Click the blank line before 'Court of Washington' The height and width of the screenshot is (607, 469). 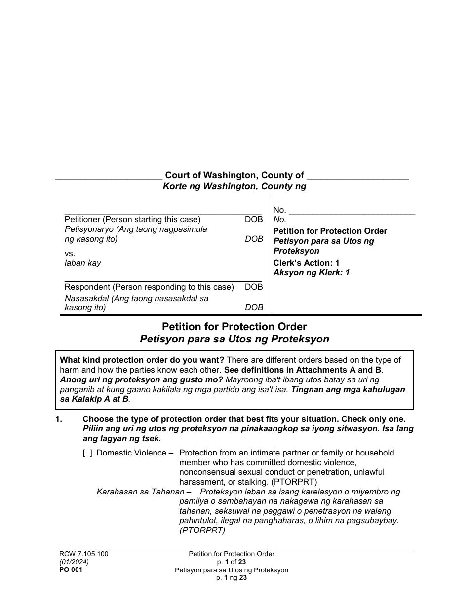[x=109, y=178]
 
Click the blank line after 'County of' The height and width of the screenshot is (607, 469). [x=357, y=178]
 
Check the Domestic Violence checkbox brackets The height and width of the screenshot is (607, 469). [x=87, y=453]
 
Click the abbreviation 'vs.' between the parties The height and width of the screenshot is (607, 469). [x=70, y=253]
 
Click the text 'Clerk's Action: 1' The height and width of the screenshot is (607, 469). [x=306, y=263]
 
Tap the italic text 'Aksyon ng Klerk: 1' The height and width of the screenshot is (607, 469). [x=311, y=273]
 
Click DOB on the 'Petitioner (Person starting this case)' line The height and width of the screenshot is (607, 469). [x=254, y=220]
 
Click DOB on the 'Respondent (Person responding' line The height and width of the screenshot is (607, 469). [x=254, y=287]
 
